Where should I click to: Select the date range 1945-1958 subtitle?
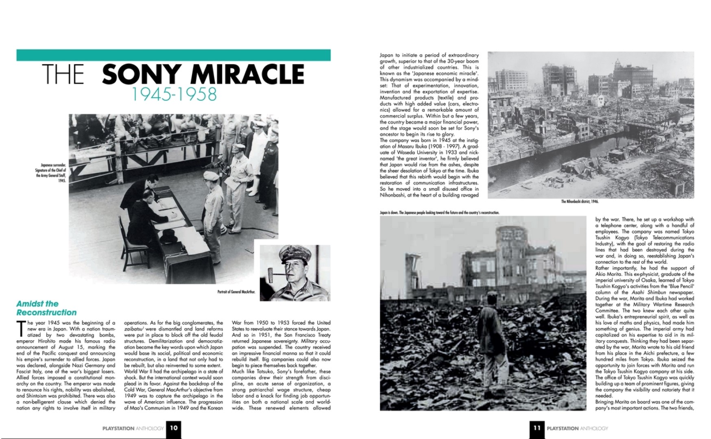(x=174, y=94)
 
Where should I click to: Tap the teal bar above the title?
(x=173, y=55)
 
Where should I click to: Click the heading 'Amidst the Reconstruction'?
(x=46, y=308)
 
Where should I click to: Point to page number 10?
(x=174, y=428)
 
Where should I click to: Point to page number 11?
(x=537, y=428)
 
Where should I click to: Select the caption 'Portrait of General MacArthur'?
(x=236, y=292)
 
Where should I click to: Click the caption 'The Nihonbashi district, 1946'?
(x=580, y=201)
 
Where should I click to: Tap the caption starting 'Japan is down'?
(x=439, y=213)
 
